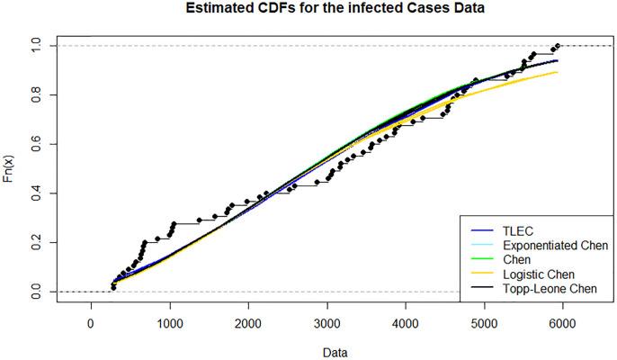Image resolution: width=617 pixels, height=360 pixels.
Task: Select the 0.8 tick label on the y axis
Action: click(x=33, y=94)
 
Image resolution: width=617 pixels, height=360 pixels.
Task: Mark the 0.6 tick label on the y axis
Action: click(x=33, y=144)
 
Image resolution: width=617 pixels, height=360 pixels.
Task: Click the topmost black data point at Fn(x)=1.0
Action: click(x=558, y=46)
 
